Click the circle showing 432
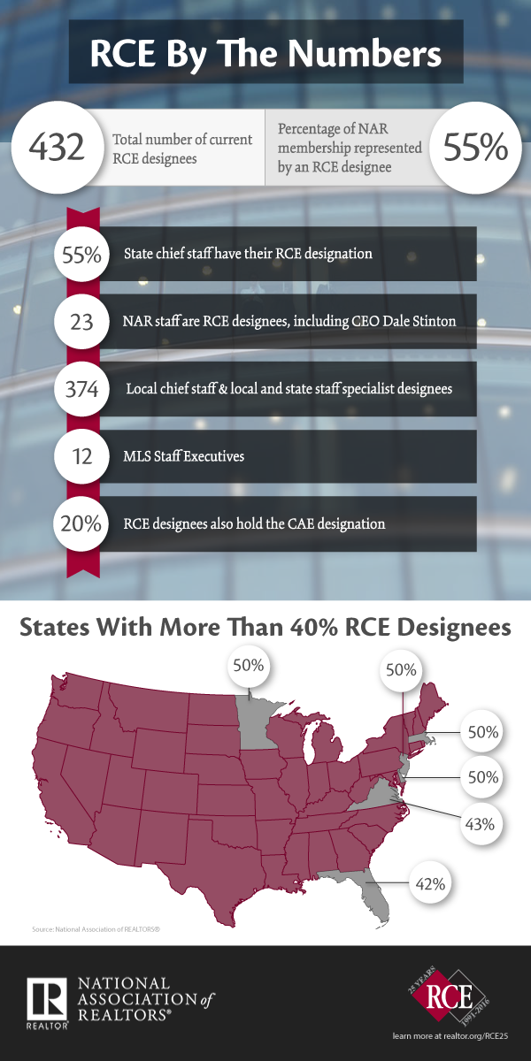pyautogui.click(x=57, y=147)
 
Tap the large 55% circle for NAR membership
pyautogui.click(x=475, y=147)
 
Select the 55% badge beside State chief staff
pyautogui.click(x=81, y=255)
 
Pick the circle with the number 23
pyautogui.click(x=81, y=322)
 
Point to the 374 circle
pyautogui.click(x=81, y=389)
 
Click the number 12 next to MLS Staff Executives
pyautogui.click(x=81, y=456)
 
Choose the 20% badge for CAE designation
pyautogui.click(x=81, y=523)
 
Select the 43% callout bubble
pyautogui.click(x=480, y=824)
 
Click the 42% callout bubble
pyautogui.click(x=430, y=883)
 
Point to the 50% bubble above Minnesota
pyautogui.click(x=249, y=666)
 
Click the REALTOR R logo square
pyautogui.click(x=46, y=999)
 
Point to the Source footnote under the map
pyautogui.click(x=96, y=929)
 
